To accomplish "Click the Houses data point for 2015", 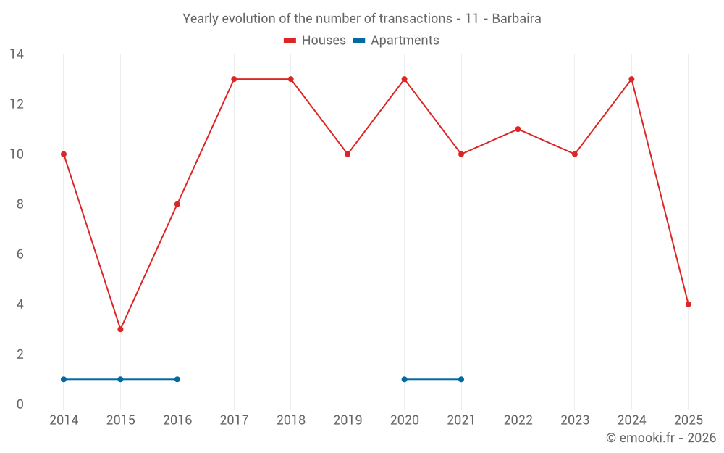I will (120, 329).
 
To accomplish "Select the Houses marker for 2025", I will (688, 304).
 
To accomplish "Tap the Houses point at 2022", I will (518, 129).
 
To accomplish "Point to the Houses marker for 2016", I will (177, 204).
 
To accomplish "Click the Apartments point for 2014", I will (64, 379).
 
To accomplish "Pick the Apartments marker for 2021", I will (461, 379).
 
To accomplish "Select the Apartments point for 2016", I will (177, 379).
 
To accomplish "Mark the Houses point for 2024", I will (631, 79).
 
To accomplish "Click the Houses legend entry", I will (315, 41).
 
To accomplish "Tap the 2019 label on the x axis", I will (348, 420).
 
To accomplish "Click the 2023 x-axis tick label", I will (575, 420).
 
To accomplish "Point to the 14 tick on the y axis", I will (17, 54).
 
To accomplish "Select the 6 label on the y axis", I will (20, 254).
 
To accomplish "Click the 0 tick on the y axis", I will (20, 404).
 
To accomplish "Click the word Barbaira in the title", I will (516, 19).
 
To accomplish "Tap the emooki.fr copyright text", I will (660, 438).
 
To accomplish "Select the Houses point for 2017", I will (234, 79).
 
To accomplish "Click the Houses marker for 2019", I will (348, 154).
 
